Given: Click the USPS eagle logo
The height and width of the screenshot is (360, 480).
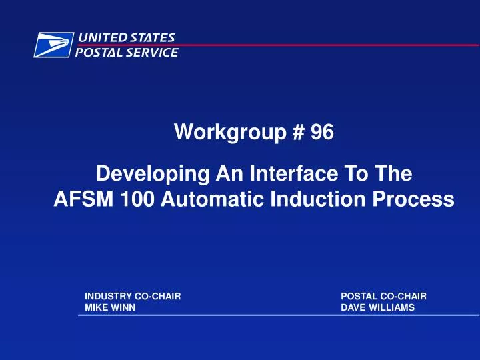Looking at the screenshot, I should (x=53, y=45).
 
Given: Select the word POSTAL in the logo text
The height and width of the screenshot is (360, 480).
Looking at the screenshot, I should (x=97, y=52).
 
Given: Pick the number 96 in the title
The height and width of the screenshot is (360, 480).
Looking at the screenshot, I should (x=322, y=133).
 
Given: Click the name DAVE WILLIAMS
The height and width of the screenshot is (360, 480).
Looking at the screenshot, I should (x=377, y=307).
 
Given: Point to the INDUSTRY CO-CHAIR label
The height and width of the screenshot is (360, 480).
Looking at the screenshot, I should (x=133, y=295).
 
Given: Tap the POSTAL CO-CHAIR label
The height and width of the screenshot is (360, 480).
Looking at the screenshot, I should (x=383, y=295).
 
